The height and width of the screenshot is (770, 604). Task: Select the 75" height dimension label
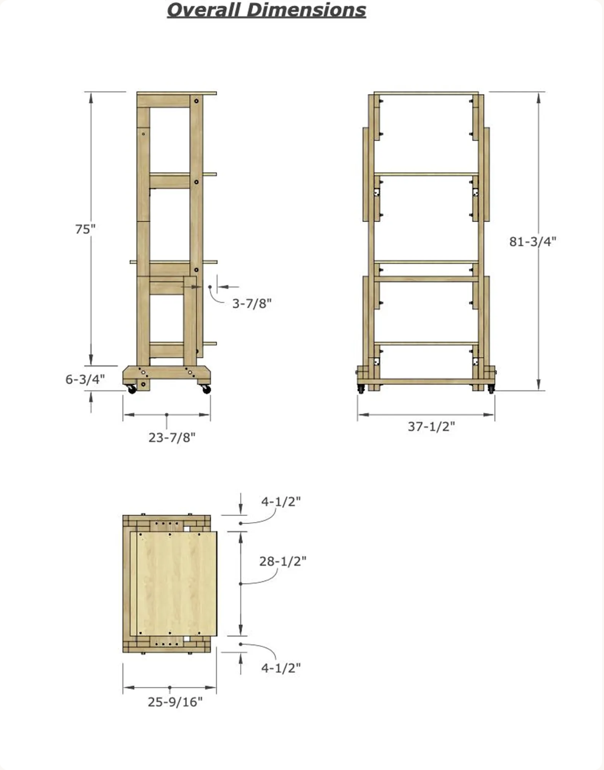click(86, 229)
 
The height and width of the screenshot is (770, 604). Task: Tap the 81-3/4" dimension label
click(533, 241)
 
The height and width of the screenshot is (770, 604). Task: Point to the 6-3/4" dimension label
click(86, 379)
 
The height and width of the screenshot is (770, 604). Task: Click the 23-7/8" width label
click(172, 437)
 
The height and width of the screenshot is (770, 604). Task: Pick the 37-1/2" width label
click(431, 426)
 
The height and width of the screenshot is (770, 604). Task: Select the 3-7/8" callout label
click(252, 303)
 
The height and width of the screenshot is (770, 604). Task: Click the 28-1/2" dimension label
click(283, 561)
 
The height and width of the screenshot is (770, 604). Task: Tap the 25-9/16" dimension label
click(175, 701)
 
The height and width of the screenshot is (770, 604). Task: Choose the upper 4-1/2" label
click(281, 501)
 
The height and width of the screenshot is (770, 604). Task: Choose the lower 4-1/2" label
click(281, 668)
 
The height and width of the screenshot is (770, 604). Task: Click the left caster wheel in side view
click(131, 389)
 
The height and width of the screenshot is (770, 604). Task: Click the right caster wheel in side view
click(206, 389)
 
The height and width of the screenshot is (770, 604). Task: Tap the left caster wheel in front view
click(361, 389)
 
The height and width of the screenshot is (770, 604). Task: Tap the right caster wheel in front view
click(491, 389)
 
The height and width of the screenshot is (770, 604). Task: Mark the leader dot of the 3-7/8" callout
click(210, 287)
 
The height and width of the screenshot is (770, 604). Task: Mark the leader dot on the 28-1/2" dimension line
click(241, 584)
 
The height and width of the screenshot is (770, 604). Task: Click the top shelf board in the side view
click(176, 93)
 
